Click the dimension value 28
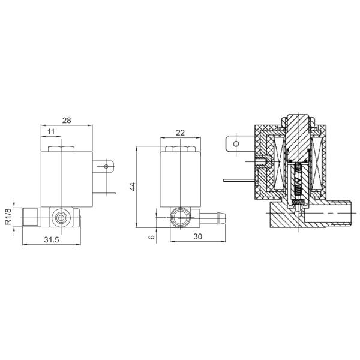click(67, 120)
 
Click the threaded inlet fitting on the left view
click(31, 214)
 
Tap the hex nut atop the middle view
click(178, 148)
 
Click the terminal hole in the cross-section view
click(236, 144)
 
